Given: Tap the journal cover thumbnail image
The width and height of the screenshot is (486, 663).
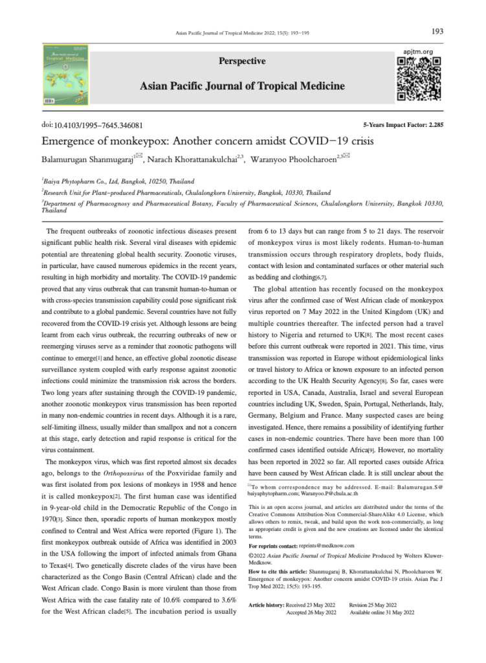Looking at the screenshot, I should pyautogui.click(x=66, y=75).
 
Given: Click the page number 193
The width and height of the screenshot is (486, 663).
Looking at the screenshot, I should pyautogui.click(x=437, y=30).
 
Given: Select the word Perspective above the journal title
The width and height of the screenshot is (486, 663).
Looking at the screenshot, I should pyautogui.click(x=243, y=62).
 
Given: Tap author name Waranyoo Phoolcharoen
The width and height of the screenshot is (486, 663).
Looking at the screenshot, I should pyautogui.click(x=296, y=158).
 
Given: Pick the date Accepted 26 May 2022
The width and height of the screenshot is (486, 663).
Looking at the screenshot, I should pyautogui.click(x=311, y=612).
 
